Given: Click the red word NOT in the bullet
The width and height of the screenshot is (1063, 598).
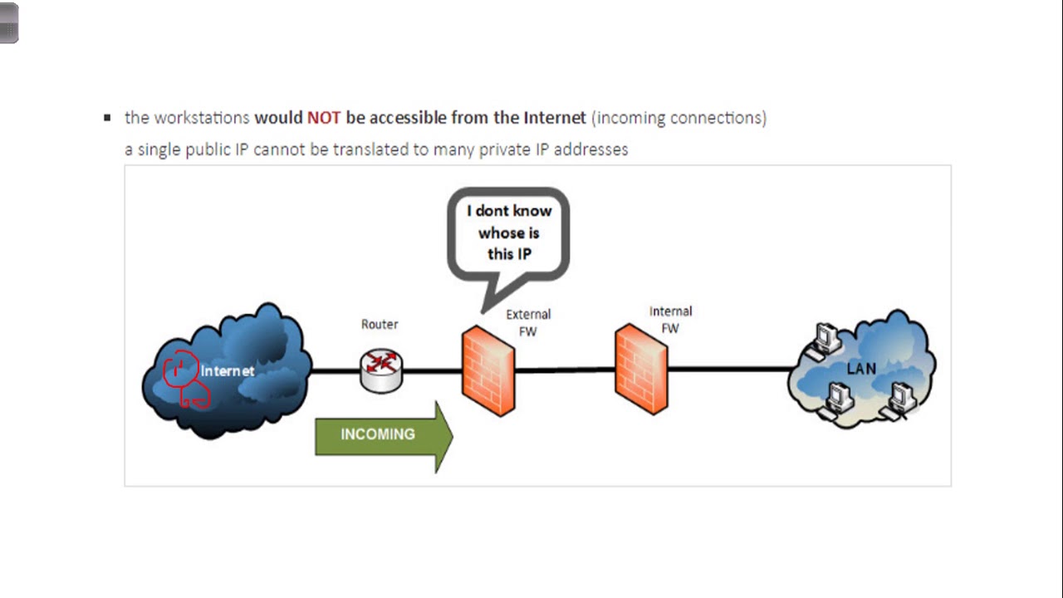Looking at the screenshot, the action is click(x=324, y=118).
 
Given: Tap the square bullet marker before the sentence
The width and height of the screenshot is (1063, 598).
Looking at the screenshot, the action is click(x=107, y=118).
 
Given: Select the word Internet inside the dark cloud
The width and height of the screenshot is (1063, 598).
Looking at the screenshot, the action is click(x=228, y=370).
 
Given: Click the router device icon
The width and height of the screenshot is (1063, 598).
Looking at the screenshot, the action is click(x=381, y=371).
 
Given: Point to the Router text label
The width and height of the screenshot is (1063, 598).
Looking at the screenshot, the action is click(x=380, y=324).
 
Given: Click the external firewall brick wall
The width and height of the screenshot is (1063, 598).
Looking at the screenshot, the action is click(x=487, y=370).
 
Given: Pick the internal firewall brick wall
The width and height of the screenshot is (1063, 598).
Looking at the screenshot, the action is click(x=641, y=369).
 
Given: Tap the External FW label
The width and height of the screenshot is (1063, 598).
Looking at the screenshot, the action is click(x=528, y=323).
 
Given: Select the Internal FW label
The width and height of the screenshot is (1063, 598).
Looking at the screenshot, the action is click(x=670, y=320).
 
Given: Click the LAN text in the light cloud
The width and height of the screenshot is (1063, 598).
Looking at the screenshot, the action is click(x=861, y=369).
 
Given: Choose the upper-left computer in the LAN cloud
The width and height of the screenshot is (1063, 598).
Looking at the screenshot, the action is click(x=825, y=341).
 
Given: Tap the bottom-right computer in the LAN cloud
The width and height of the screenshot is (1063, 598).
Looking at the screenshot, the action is click(x=899, y=401).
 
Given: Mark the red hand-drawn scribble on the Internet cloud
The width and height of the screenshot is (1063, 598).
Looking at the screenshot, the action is click(x=185, y=379).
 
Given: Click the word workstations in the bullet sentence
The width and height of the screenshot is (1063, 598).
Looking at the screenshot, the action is click(x=202, y=118).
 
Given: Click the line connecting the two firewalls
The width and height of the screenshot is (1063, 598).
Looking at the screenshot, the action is click(x=565, y=370).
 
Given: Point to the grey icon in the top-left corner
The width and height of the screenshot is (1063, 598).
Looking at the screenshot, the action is click(x=8, y=22).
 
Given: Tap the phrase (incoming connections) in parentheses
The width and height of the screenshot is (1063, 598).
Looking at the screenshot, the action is click(x=678, y=118).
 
